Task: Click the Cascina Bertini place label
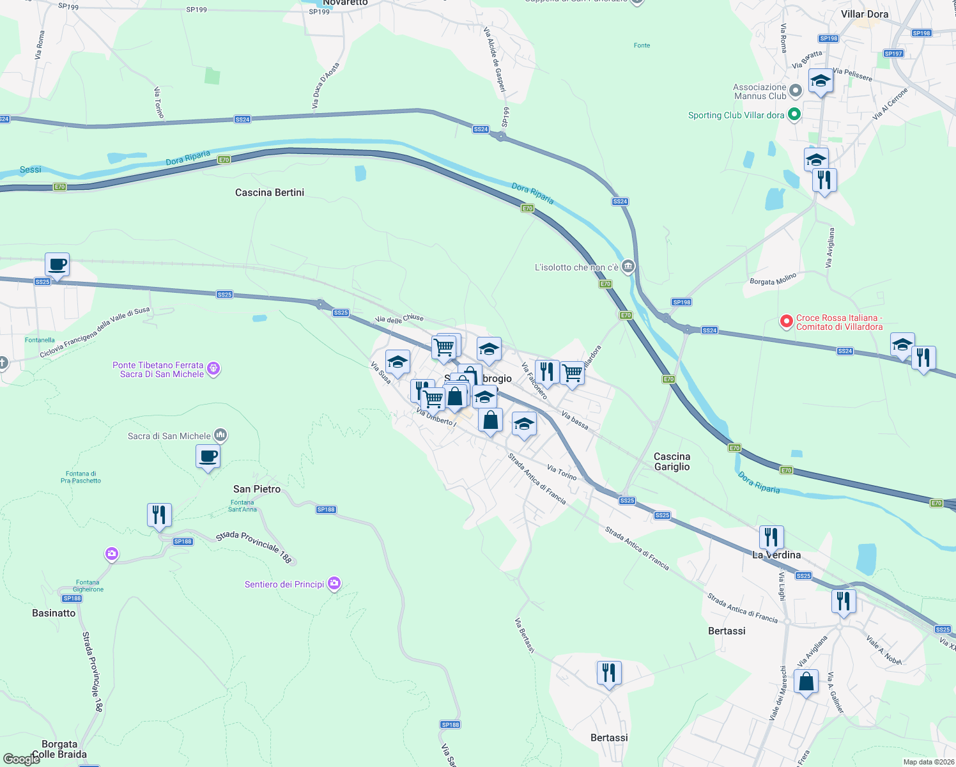[x=269, y=192]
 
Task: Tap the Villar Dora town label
[x=864, y=14]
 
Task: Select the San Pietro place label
[x=256, y=489]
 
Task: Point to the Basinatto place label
[x=54, y=613]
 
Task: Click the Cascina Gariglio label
[x=672, y=461]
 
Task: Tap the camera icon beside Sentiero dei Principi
[x=334, y=584]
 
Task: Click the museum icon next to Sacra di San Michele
[x=220, y=435]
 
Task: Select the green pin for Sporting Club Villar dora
[x=794, y=115]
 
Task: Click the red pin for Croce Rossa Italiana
[x=786, y=322]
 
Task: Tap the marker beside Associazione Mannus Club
[x=796, y=91]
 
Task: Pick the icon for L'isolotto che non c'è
[x=628, y=267]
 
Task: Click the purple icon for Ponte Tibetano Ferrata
[x=213, y=369]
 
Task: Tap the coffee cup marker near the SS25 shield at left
[x=58, y=264]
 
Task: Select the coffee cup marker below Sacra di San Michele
[x=208, y=456]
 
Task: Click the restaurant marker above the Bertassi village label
[x=609, y=672]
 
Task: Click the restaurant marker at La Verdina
[x=771, y=537]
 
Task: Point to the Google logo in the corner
[x=21, y=759]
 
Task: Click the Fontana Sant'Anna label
[x=242, y=506]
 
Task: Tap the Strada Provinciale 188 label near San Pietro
[x=254, y=546]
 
